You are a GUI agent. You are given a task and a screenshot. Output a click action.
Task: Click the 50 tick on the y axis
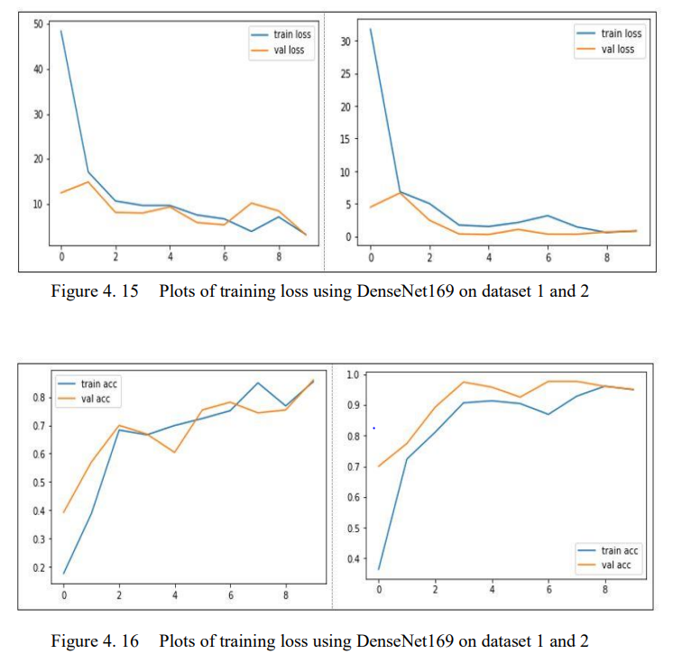[37, 23]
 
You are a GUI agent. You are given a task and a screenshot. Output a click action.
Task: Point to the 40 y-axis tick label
[37, 69]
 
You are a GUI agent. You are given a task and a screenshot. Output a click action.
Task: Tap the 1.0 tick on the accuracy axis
[354, 374]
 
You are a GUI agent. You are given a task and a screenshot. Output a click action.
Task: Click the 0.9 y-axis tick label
[354, 405]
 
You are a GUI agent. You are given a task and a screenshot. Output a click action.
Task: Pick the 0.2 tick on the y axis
[38, 567]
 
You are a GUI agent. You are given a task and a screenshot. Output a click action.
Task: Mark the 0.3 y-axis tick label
[38, 539]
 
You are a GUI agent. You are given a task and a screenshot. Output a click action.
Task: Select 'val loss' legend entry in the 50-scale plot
[290, 51]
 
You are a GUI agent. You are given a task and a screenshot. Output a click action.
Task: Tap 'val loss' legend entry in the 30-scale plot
[618, 50]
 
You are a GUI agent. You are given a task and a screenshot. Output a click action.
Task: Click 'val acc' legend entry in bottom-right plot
[614, 566]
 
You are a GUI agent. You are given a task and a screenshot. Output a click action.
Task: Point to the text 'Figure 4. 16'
[95, 641]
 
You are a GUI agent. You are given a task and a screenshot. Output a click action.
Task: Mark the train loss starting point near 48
[60, 31]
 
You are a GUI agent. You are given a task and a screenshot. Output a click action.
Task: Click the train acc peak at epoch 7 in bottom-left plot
[259, 382]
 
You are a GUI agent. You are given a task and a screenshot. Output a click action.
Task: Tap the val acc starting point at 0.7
[379, 465]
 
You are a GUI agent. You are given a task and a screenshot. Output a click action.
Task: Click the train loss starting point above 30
[371, 29]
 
